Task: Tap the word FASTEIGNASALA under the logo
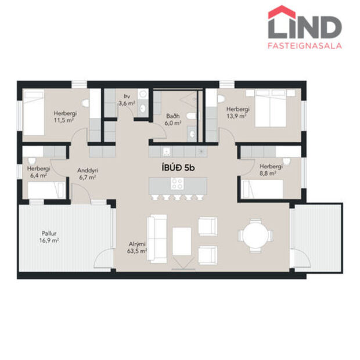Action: click(x=305, y=45)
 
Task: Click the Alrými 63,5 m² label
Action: click(x=138, y=248)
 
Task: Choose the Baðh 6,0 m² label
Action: click(x=173, y=120)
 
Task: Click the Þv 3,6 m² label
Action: click(x=127, y=100)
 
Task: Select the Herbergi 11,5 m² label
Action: click(x=63, y=116)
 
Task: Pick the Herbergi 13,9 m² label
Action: click(x=237, y=112)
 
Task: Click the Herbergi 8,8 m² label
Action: click(x=271, y=169)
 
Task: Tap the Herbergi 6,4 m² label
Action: click(x=38, y=172)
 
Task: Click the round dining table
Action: click(x=254, y=236)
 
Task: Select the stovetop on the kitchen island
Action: click(x=177, y=184)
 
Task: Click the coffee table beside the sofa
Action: click(x=182, y=240)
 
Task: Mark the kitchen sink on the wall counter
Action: click(x=167, y=152)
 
